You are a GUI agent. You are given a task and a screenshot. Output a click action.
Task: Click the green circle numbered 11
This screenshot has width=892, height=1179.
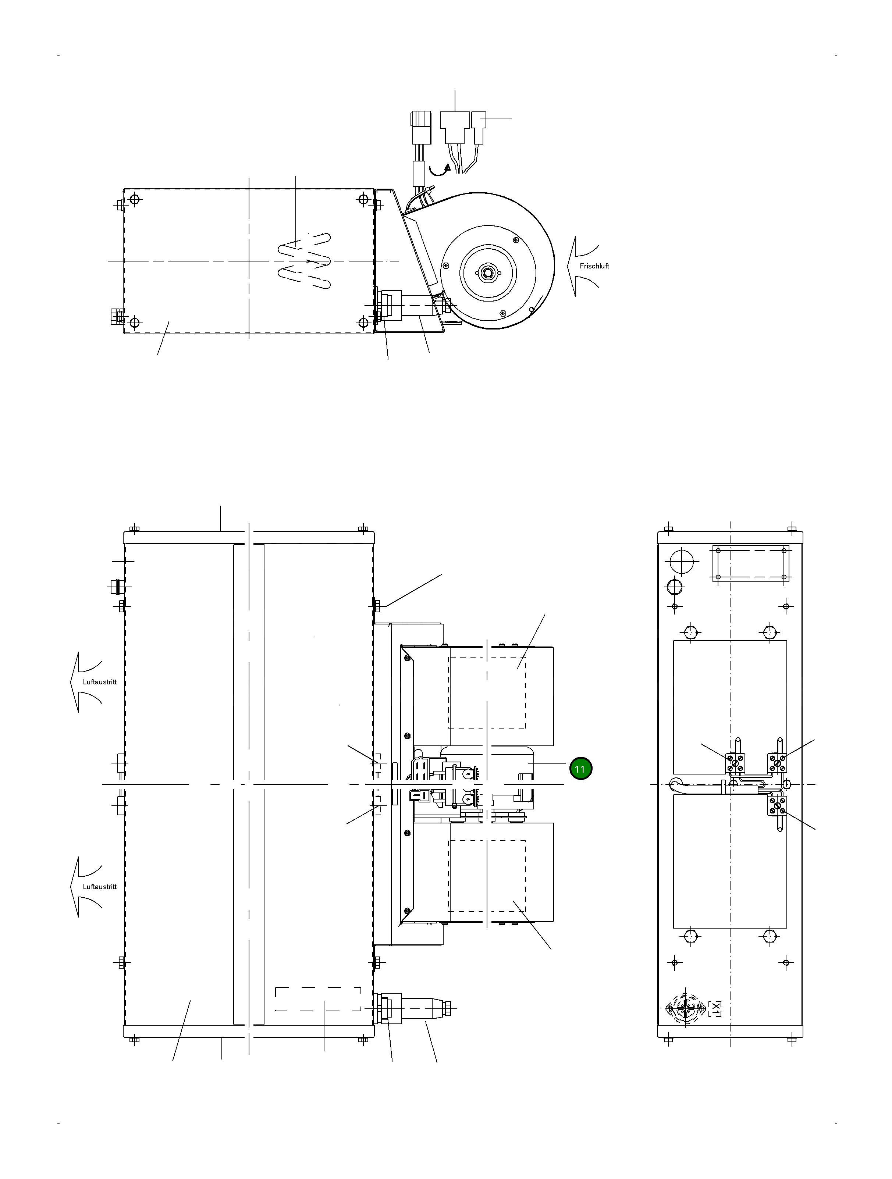[580, 769]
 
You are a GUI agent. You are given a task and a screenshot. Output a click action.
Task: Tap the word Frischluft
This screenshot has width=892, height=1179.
[594, 266]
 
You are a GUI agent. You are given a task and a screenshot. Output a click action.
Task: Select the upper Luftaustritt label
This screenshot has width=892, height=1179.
[100, 682]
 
